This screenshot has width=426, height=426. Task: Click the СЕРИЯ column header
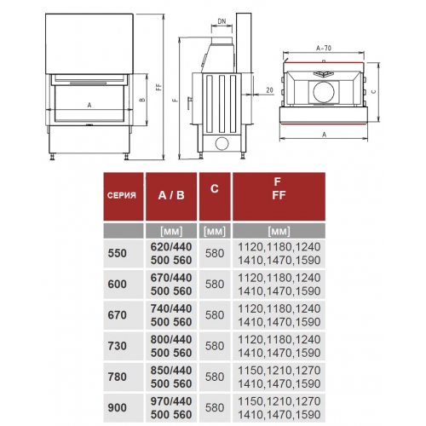point(122,195)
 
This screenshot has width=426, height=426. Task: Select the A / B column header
point(171,195)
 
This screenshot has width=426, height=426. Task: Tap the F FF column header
point(279,188)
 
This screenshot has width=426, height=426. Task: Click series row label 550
point(117,253)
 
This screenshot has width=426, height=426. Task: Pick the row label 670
point(117,315)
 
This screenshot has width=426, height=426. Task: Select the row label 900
point(117,407)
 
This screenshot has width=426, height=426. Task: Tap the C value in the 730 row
point(215,346)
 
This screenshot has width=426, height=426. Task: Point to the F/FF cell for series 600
point(279,285)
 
